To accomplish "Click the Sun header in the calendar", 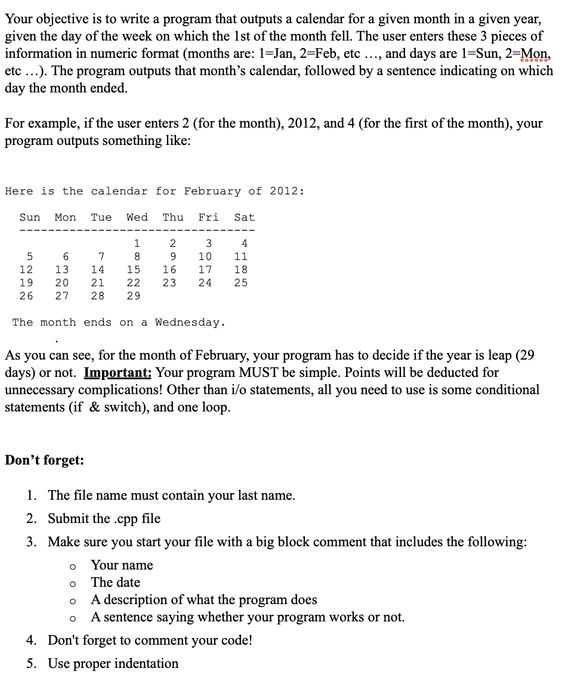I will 30,218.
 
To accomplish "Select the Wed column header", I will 137,218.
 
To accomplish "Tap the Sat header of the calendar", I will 244,218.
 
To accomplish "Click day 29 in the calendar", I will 133,296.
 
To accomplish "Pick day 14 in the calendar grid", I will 97,270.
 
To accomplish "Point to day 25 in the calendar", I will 240,283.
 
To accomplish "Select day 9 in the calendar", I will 172,256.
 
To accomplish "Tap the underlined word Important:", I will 118,372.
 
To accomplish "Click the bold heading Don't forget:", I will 44,460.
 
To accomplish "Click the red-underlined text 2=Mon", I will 535,53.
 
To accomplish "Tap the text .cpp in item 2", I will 126,519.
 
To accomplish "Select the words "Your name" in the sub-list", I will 122,565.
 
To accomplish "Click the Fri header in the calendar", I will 208,218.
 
